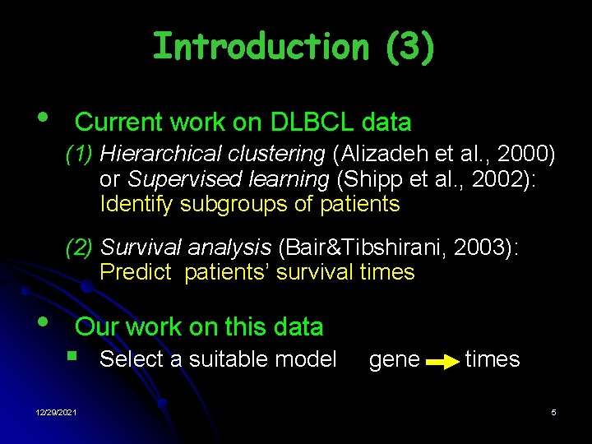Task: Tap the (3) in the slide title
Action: point(408,47)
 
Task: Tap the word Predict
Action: point(136,272)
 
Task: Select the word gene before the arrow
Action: point(395,359)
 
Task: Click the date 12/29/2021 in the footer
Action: point(57,412)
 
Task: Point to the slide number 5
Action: point(553,412)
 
